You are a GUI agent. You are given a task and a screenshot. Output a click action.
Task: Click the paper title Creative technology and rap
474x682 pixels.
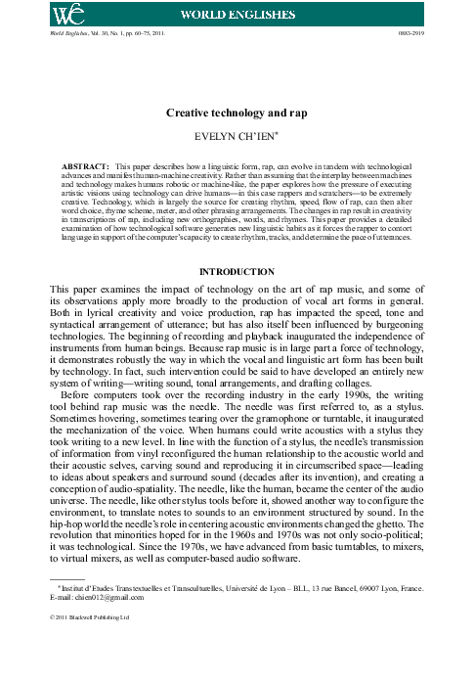[237, 114]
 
